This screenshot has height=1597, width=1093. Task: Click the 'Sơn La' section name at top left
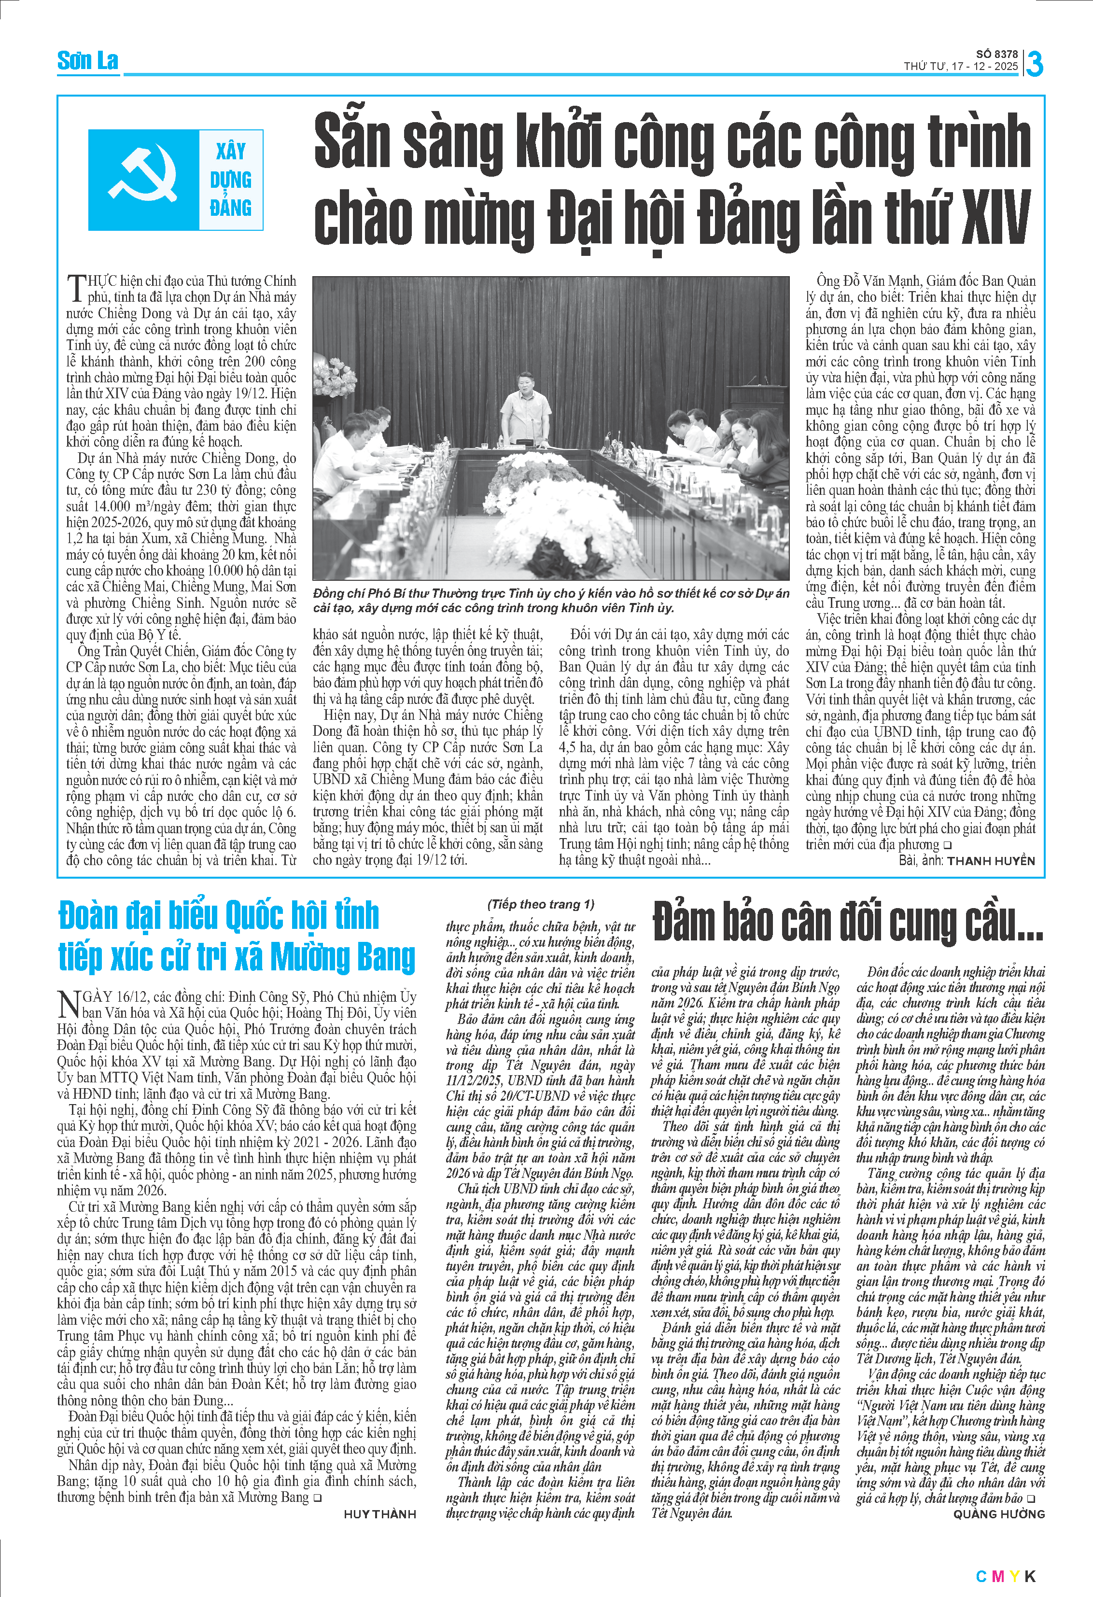click(x=87, y=61)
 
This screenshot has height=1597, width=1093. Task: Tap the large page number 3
click(x=1035, y=64)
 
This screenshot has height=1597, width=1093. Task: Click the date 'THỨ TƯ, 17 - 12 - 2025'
click(x=960, y=67)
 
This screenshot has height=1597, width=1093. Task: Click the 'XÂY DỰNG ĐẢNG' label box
click(x=230, y=180)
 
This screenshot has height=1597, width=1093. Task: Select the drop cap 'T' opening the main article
click(x=76, y=287)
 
